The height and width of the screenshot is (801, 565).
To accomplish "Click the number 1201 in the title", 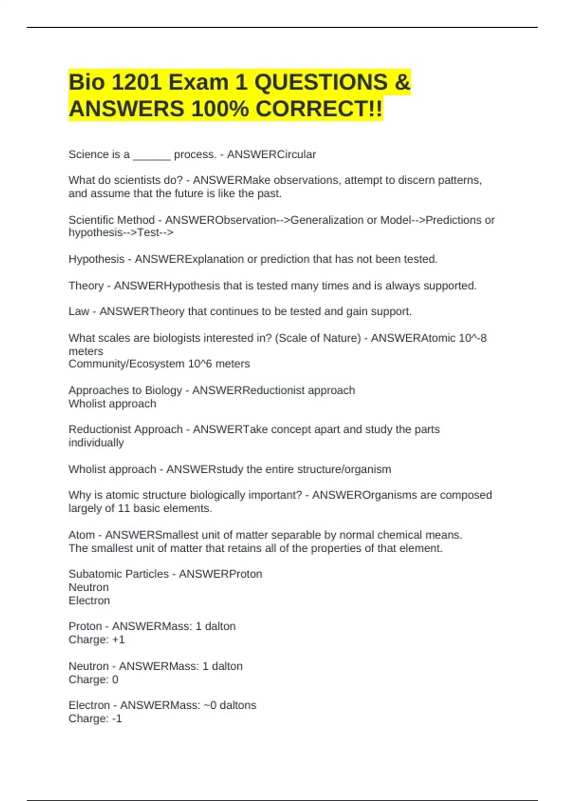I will coord(137,82).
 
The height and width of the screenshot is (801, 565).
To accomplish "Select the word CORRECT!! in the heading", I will coord(319,109).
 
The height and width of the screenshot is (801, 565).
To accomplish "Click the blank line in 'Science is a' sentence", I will coord(152,155).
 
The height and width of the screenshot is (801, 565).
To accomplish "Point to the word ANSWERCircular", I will coord(271,155).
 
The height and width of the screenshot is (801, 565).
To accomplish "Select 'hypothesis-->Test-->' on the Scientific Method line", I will coord(121,233).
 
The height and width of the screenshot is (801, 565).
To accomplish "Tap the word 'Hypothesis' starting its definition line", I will coord(97,259).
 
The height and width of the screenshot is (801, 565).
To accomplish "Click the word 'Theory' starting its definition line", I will coord(86,286).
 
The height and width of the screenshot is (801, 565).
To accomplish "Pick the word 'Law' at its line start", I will coord(79,311).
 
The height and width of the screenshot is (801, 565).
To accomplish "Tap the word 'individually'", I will coord(96,443).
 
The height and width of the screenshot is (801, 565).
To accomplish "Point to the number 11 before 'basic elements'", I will coord(124,508).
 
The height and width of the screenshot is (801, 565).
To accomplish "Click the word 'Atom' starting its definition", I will coord(81,535).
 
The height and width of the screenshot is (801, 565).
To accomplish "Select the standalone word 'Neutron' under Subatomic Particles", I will coord(89,588).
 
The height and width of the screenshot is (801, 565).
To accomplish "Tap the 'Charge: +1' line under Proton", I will coord(97,640).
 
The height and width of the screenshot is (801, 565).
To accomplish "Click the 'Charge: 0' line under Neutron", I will coord(93,680).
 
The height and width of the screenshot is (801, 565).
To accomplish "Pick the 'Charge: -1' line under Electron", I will coord(95,719).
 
